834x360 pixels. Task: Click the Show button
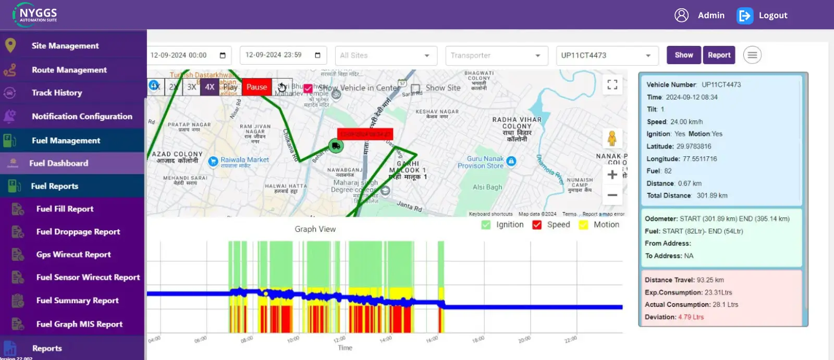(683, 55)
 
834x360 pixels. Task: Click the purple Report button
(719, 55)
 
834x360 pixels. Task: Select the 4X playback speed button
(210, 87)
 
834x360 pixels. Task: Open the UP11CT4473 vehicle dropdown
(606, 55)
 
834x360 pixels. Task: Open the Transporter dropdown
(496, 55)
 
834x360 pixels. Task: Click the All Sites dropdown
(385, 55)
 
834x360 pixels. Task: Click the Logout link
(772, 16)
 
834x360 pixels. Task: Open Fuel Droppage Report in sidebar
(78, 232)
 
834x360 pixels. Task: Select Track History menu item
(57, 93)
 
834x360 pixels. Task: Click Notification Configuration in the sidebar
(82, 116)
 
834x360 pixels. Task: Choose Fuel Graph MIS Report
(79, 324)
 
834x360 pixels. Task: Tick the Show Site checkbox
(415, 89)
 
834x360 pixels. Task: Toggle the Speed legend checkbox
(537, 225)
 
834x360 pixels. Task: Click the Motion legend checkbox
(583, 225)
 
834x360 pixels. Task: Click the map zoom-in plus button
(612, 175)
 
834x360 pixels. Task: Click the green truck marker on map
(336, 146)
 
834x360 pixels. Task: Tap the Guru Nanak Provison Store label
(482, 162)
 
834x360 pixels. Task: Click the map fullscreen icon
(612, 84)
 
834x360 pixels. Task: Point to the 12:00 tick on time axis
(339, 339)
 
